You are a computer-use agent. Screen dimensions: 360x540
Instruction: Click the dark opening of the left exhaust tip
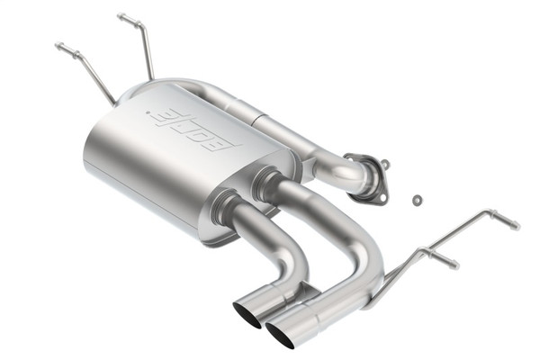(246, 313)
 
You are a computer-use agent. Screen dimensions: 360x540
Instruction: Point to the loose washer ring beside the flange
(417, 198)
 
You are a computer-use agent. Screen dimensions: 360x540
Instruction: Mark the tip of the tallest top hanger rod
(121, 16)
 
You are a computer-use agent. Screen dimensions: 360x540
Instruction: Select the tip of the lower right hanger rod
(454, 265)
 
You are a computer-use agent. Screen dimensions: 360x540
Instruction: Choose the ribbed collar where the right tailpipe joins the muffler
(263, 184)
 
